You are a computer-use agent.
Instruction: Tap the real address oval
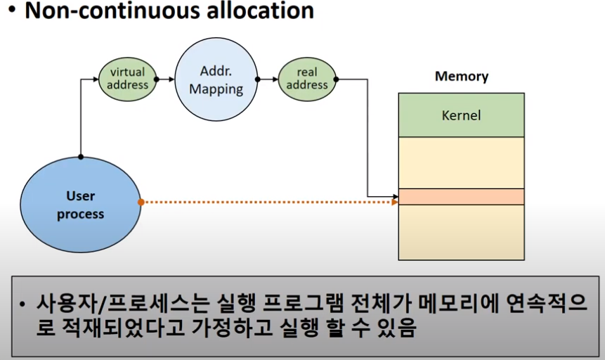(307, 79)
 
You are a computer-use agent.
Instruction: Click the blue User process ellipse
(81, 204)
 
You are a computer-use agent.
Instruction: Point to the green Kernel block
(461, 115)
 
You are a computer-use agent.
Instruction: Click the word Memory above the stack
(461, 77)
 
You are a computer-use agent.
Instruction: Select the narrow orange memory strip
(461, 197)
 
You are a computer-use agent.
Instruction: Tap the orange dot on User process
(141, 202)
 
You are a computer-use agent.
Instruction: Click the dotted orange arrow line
(267, 202)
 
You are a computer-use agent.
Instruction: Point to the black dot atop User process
(81, 156)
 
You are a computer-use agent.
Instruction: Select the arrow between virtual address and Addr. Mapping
(165, 79)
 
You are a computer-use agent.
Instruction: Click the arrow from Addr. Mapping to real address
(268, 79)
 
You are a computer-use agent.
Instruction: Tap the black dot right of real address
(337, 79)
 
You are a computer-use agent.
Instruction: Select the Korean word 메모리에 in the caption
(458, 305)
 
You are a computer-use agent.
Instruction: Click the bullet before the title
(11, 12)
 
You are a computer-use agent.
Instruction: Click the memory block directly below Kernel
(461, 162)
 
